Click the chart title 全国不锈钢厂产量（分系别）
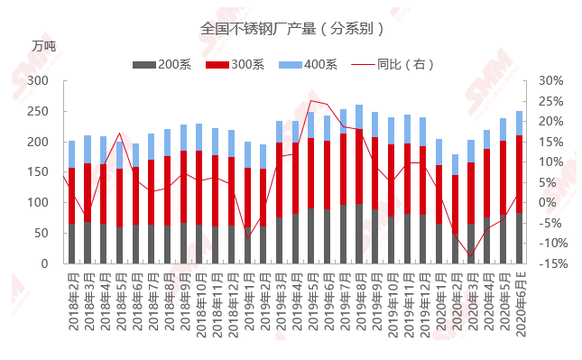292,29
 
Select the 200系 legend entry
162,65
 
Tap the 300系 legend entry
235,65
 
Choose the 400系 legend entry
308,65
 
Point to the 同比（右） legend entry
393,65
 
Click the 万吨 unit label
44,46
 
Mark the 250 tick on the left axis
38,111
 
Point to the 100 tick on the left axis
38,202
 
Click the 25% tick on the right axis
551,101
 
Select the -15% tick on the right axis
553,263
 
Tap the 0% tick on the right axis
548,203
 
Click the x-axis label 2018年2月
74,301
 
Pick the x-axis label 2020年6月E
522,304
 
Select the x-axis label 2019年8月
361,301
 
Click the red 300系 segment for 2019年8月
359,166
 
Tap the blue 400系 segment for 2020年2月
455,164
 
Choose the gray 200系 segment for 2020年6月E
519,238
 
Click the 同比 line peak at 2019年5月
311,100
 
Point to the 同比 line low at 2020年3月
471,256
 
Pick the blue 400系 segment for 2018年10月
199,137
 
